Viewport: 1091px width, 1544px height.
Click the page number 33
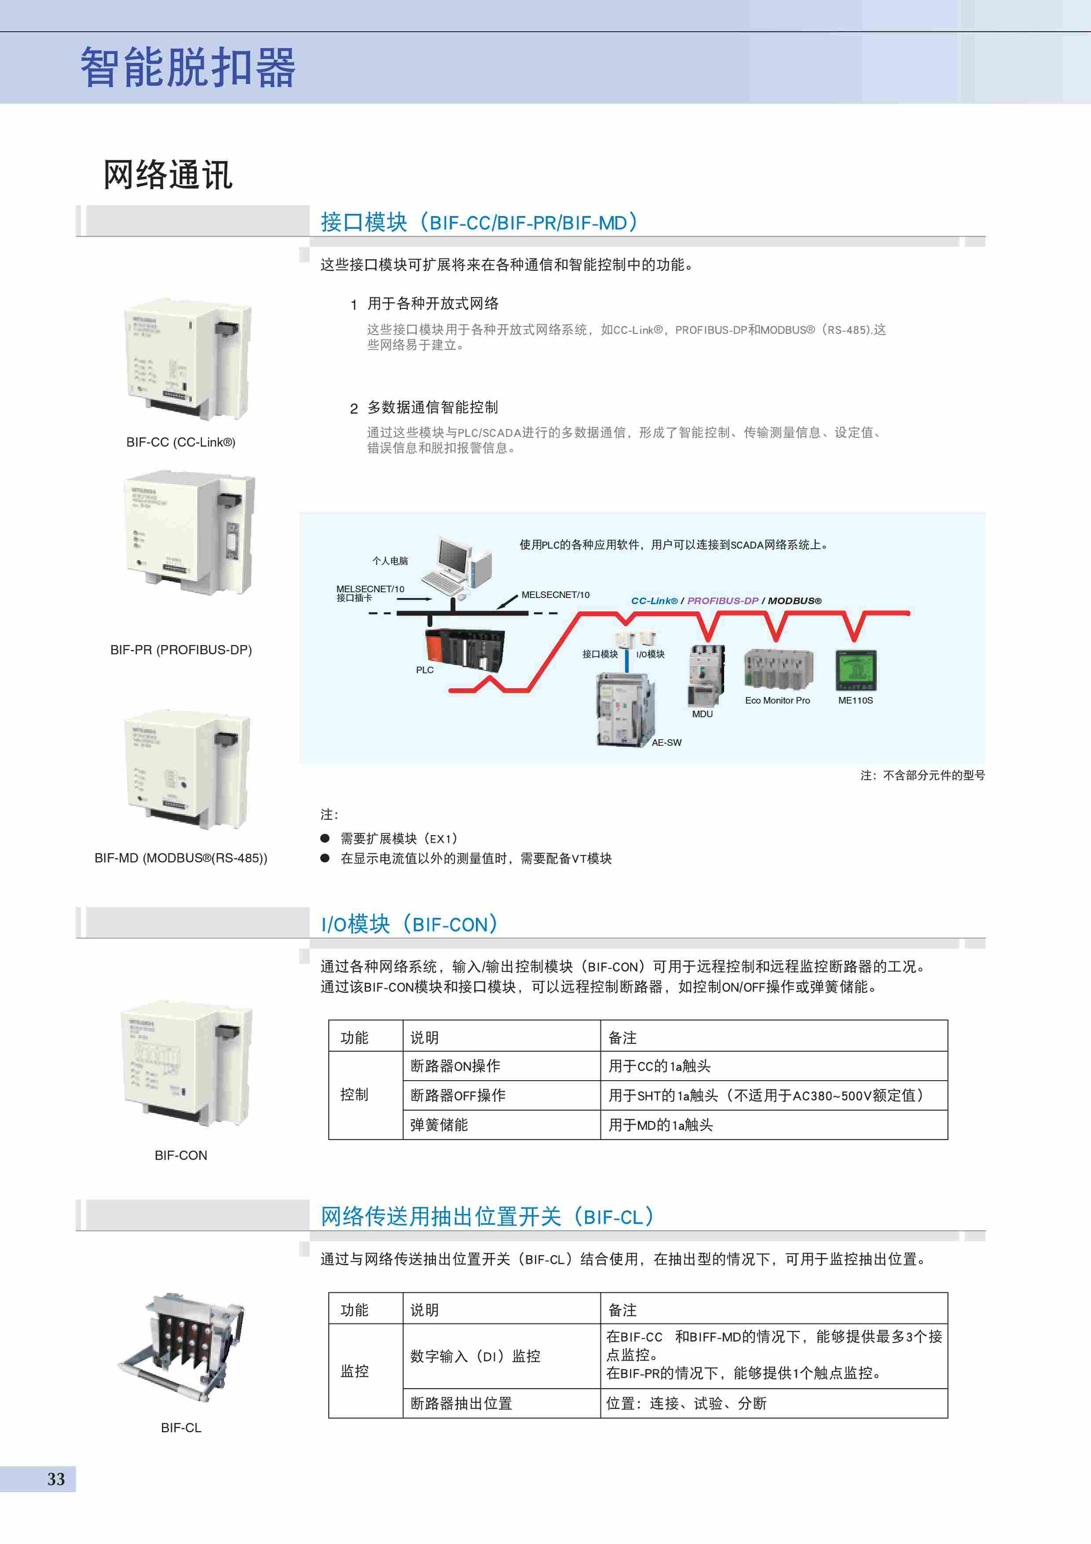tap(56, 1479)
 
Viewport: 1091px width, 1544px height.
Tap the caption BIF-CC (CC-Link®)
tap(181, 442)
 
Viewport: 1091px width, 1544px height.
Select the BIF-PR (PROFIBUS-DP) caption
tap(181, 649)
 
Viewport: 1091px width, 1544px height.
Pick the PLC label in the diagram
tap(424, 670)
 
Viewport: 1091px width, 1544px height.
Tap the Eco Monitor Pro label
tap(777, 700)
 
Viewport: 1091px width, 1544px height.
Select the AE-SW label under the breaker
tap(666, 742)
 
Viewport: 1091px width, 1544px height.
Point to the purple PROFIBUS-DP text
tap(723, 601)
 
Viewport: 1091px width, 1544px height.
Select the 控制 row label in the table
tap(354, 1095)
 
